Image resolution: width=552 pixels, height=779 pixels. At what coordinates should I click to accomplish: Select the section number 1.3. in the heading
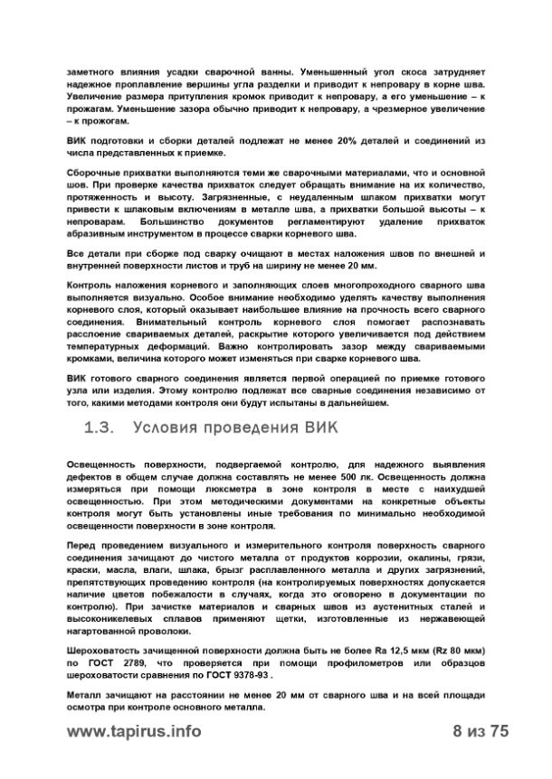100,426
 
